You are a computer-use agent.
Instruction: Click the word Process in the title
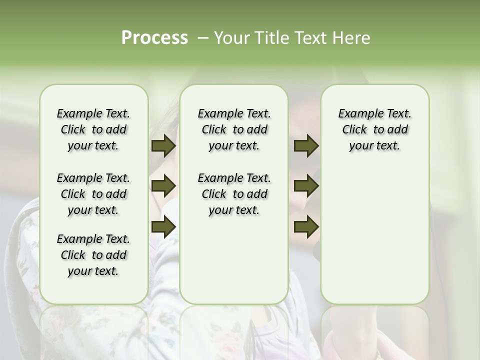(154, 38)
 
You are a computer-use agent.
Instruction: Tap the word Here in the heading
(352, 38)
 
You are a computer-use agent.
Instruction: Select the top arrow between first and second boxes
(163, 146)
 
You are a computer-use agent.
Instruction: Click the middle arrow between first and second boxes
(163, 186)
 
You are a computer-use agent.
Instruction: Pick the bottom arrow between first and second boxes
(163, 227)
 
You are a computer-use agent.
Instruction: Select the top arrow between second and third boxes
(306, 146)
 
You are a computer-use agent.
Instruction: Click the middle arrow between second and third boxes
(306, 186)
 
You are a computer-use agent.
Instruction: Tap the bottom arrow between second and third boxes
(306, 227)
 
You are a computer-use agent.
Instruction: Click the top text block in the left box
(93, 129)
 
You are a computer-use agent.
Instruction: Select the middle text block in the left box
(93, 194)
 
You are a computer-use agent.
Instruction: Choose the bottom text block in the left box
(93, 255)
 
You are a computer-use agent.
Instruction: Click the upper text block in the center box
(234, 129)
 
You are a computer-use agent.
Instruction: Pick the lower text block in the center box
(234, 194)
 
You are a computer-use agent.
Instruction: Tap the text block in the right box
(374, 129)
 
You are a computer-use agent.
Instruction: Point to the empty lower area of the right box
(374, 240)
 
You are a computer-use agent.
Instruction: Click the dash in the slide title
(203, 38)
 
